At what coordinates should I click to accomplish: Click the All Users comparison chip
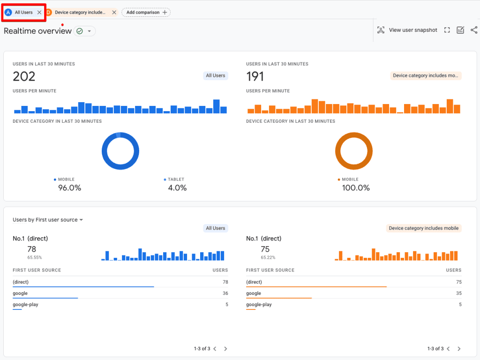point(23,13)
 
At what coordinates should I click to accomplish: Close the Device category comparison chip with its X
point(114,13)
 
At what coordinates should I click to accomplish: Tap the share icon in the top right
point(473,30)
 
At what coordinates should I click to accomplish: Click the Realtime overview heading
point(37,31)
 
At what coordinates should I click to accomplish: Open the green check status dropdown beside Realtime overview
point(84,31)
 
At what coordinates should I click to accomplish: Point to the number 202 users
point(24,76)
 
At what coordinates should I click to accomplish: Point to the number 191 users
point(255,76)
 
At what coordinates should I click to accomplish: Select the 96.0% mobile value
point(69,188)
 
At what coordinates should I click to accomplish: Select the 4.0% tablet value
point(177,188)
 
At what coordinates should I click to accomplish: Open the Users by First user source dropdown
point(48,220)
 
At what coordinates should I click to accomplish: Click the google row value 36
point(225,293)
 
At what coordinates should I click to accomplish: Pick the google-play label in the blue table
point(25,305)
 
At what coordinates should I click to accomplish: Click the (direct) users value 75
point(458,282)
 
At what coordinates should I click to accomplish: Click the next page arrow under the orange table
point(459,349)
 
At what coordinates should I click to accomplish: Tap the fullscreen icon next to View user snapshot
point(447,30)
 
